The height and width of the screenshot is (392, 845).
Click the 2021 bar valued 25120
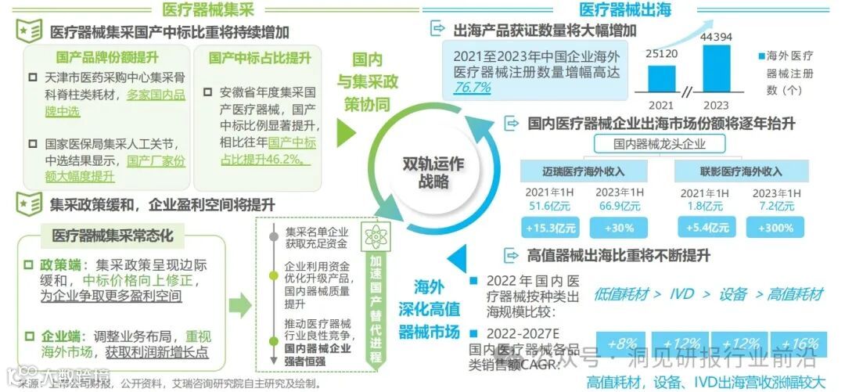661,80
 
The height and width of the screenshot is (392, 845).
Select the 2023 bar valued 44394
721,70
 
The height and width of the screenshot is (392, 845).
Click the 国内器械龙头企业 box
659,144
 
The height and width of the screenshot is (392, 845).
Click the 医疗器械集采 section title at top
208,10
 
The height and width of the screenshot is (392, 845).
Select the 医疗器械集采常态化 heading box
113,235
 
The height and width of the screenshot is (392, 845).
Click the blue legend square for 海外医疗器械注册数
759,57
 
